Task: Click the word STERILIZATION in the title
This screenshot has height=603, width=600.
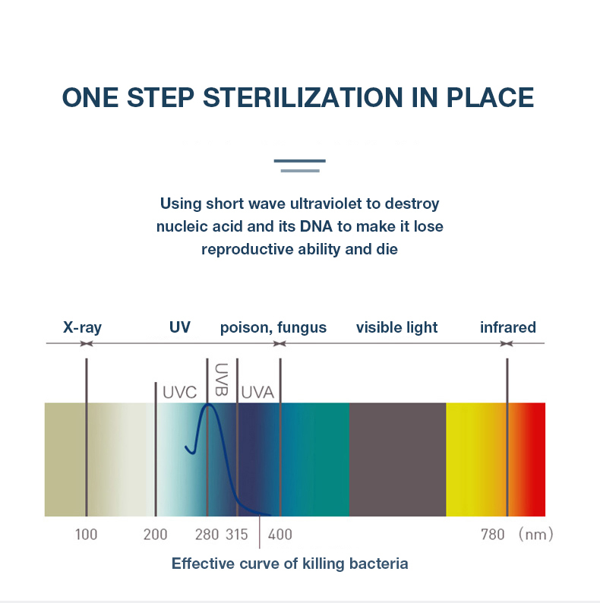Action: (302, 97)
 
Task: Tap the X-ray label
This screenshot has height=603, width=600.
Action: (82, 327)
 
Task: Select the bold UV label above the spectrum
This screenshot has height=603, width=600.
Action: (179, 327)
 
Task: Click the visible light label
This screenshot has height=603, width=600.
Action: (396, 327)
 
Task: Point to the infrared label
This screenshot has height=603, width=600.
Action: (507, 327)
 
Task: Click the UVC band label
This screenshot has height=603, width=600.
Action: (179, 393)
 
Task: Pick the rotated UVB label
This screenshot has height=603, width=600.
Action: (221, 380)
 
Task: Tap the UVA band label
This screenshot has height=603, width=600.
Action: (257, 393)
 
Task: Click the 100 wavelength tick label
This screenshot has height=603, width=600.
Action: (86, 535)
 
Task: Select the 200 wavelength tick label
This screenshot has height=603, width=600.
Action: (156, 535)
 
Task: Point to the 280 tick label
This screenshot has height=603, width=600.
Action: (207, 535)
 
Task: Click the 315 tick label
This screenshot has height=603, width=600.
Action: (236, 535)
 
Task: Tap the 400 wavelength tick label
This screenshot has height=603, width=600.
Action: (280, 535)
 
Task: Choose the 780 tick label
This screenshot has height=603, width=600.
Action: (493, 535)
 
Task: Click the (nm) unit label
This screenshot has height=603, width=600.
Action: (535, 534)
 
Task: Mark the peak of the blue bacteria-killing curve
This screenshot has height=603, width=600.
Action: (208, 404)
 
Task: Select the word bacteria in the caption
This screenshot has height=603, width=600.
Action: (378, 564)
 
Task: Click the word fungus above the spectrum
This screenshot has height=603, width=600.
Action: (302, 328)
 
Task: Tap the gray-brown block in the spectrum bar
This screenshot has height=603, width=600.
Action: (398, 459)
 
